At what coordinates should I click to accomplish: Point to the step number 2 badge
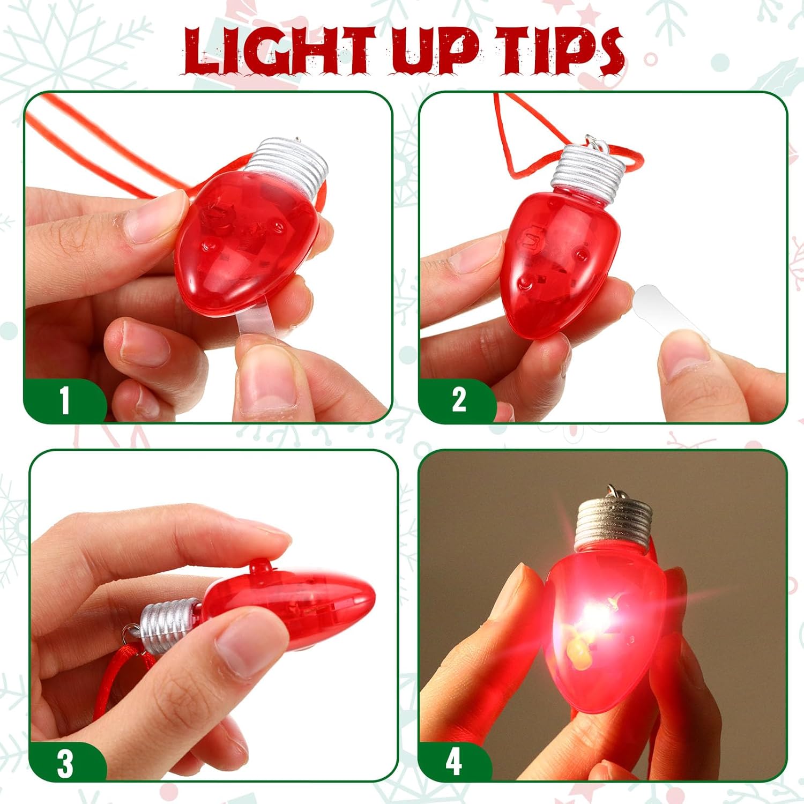459,400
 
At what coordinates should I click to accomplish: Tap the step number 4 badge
453,761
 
